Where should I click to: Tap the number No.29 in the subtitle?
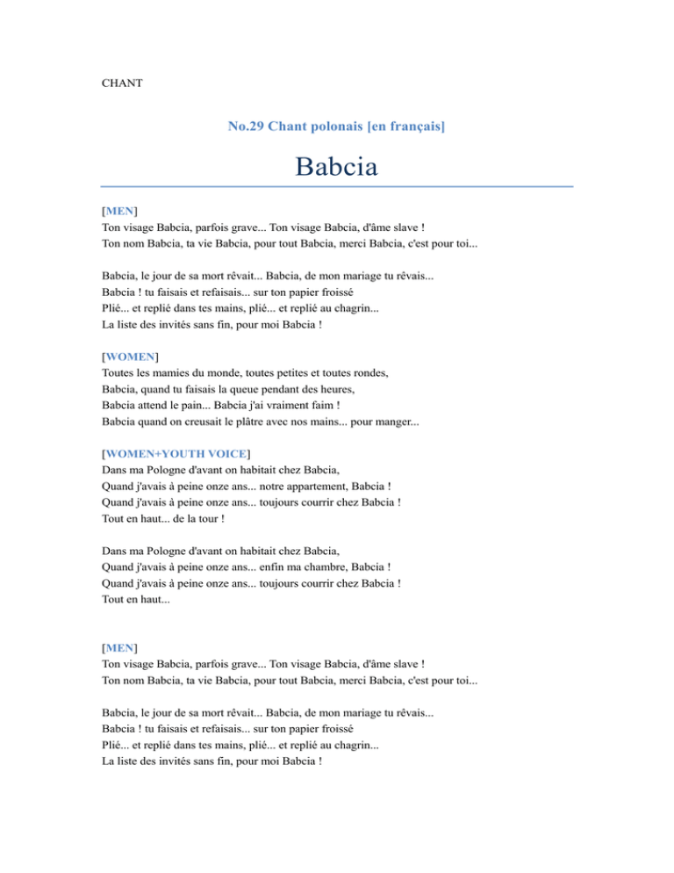click(247, 127)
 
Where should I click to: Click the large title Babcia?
click(337, 166)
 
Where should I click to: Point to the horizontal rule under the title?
click(337, 187)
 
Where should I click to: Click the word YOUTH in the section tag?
click(186, 453)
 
